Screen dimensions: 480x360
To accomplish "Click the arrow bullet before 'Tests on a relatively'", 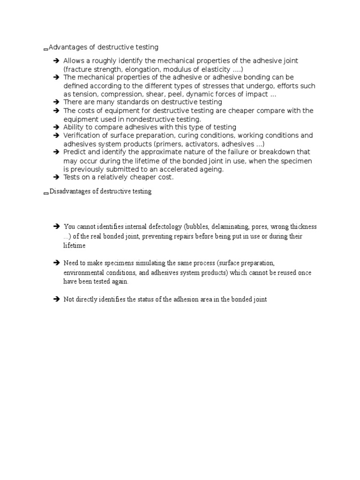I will (x=56, y=177).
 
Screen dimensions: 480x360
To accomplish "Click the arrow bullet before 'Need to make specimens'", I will (x=56, y=263).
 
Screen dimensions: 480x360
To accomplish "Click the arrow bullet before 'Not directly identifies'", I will (x=56, y=299).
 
